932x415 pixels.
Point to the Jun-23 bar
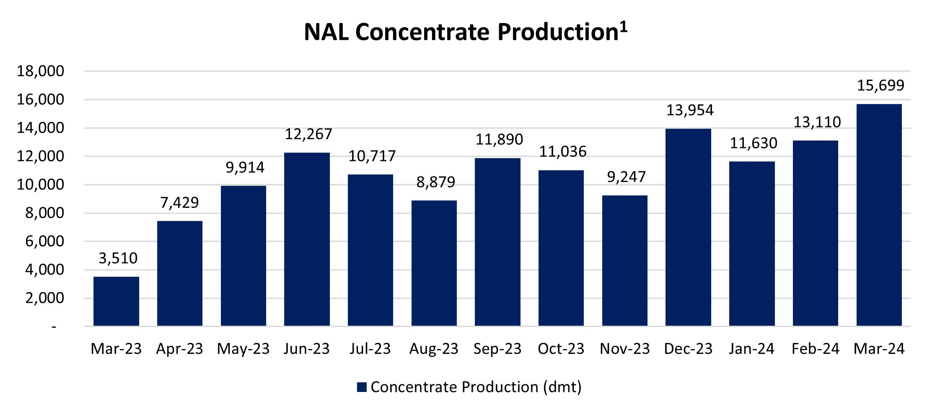point(307,239)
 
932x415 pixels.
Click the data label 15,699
point(880,86)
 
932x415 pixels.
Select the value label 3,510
point(118,258)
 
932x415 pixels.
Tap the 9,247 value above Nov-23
point(626,177)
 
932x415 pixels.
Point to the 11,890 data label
point(499,140)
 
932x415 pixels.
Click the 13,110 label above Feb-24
point(817,122)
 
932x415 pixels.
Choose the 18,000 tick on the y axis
point(40,71)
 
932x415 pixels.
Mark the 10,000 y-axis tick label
point(40,184)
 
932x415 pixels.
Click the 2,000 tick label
point(44,298)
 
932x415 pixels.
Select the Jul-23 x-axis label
point(370,349)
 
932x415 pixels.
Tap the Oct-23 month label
point(561,349)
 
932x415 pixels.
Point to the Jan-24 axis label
point(751,349)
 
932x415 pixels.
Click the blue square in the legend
point(362,387)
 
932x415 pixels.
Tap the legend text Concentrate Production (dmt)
point(476,387)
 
